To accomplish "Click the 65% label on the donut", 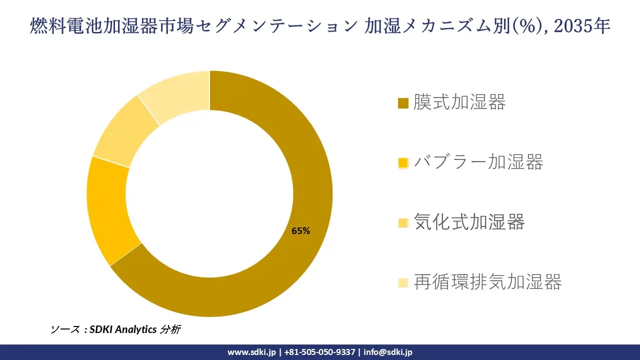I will click(301, 231).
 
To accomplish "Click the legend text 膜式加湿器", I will click(459, 102).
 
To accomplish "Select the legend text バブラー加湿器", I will click(478, 162).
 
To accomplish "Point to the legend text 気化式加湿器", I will click(469, 222).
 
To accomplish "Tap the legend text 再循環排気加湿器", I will click(487, 282).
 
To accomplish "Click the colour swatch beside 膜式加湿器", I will click(403, 103).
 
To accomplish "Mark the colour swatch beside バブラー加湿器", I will click(403, 163).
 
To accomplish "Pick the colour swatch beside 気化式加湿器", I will click(403, 223).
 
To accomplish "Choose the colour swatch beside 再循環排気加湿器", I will click(403, 283).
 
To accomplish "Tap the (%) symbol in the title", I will click(532, 26).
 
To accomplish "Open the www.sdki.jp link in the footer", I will click(251, 352).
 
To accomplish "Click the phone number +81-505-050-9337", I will click(319, 352).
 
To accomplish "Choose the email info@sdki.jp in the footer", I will click(388, 352).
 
